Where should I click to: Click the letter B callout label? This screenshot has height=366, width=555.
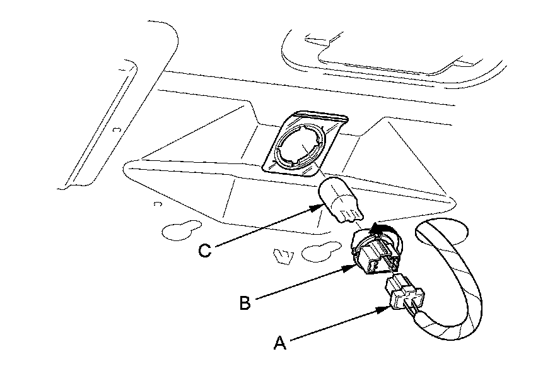[245, 303]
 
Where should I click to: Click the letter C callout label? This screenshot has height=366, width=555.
[204, 251]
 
